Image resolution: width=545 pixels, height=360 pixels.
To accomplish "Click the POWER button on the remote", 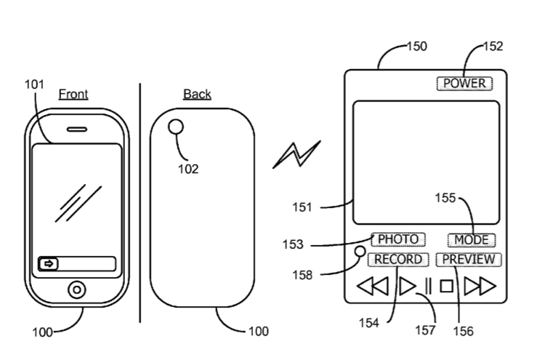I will [464, 83].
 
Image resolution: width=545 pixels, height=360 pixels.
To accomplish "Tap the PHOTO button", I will [398, 239].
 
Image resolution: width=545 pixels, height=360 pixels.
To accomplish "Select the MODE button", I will [472, 240].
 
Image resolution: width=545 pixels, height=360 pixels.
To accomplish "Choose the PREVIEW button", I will [469, 260].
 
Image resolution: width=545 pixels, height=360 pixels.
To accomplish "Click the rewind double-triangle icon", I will [373, 287].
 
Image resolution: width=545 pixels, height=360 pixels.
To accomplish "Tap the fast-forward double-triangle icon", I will [480, 287].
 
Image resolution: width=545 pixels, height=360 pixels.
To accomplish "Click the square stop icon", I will [446, 287].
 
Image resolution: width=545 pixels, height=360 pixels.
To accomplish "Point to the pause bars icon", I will [428, 287].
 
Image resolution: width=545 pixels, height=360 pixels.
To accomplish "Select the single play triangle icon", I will [407, 287].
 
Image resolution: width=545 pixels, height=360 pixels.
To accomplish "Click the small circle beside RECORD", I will [360, 252].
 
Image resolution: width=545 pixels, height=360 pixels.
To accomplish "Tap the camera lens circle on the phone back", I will [176, 127].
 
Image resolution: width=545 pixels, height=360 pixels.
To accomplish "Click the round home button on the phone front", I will [77, 289].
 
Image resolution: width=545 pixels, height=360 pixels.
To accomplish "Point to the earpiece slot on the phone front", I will [77, 129].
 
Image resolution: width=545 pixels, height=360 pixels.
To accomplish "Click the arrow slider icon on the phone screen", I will [49, 264].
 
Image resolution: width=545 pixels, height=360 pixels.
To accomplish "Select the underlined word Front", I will [73, 95].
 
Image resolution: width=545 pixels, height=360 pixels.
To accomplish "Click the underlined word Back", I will [197, 95].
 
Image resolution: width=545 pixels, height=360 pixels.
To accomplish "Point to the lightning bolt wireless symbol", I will [296, 155].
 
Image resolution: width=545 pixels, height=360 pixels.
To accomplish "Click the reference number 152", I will [493, 47].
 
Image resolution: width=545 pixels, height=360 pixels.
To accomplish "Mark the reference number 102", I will [188, 169].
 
